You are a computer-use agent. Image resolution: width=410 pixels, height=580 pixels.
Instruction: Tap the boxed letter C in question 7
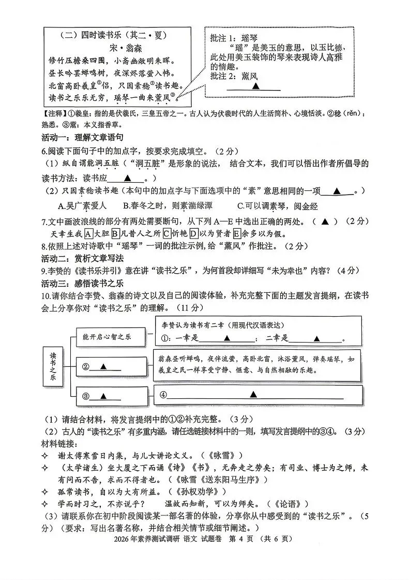167,233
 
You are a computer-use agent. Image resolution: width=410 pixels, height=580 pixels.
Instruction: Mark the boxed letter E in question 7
237,233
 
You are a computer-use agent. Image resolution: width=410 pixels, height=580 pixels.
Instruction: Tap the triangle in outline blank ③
103,396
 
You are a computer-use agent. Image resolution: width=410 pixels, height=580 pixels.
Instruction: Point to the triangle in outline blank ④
253,394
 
